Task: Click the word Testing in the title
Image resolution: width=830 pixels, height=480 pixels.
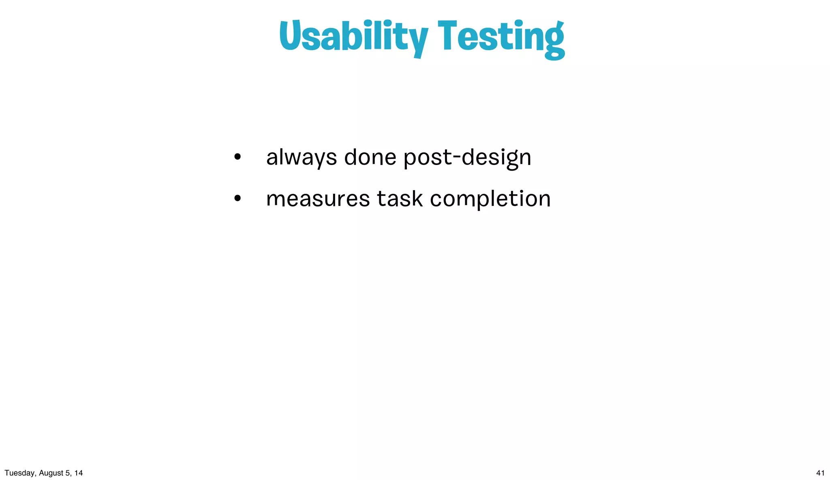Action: tap(501, 37)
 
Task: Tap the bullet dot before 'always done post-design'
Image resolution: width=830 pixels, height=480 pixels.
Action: tap(237, 156)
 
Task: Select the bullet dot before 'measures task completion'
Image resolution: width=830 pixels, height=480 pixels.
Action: tap(237, 198)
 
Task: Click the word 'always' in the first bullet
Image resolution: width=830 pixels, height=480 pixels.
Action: tap(301, 157)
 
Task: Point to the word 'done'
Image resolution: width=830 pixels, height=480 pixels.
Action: tap(370, 156)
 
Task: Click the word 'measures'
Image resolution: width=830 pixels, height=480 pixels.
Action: tap(318, 199)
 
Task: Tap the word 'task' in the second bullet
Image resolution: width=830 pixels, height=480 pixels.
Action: tap(400, 199)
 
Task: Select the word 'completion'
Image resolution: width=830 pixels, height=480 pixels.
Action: tap(490, 199)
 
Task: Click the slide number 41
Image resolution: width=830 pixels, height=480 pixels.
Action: tap(820, 473)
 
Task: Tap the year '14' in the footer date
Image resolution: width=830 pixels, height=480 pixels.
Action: tap(79, 473)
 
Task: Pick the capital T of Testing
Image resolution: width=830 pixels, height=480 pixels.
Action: tap(451, 36)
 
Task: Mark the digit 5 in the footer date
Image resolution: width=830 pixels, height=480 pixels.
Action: tap(67, 473)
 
